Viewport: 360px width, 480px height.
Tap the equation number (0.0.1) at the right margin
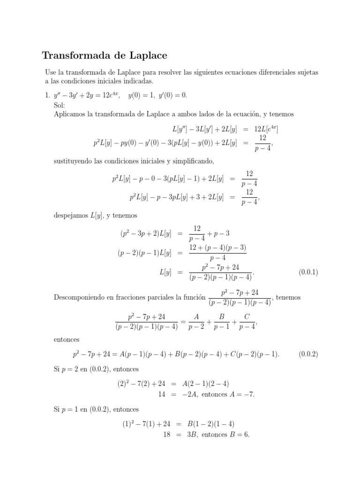tap(308, 272)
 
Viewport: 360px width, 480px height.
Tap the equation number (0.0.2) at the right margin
tap(308, 354)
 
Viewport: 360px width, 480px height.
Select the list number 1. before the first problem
tap(47, 95)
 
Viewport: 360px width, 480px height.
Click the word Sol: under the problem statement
tap(60, 105)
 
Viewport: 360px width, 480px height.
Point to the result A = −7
tap(241, 394)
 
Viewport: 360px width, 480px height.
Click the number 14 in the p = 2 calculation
tap(162, 394)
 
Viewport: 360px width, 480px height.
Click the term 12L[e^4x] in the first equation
tap(269, 129)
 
